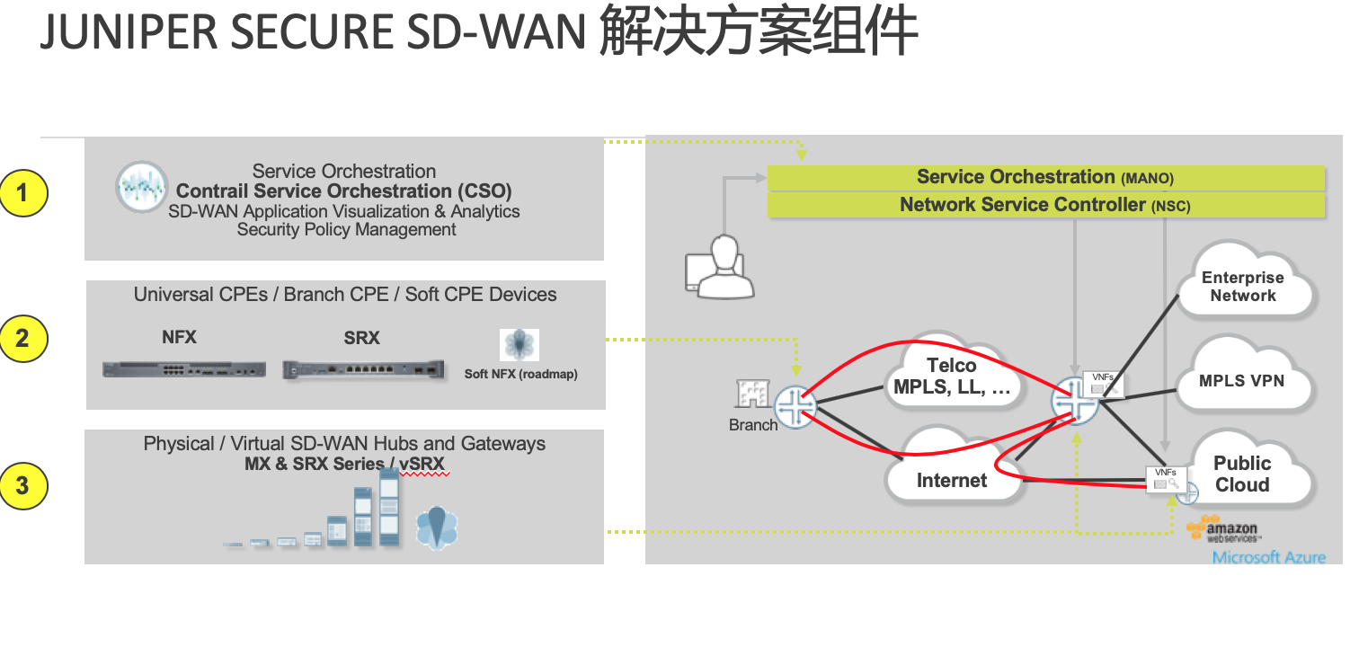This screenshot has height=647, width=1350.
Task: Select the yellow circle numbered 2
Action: point(22,339)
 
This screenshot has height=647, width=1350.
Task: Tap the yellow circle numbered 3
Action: point(22,486)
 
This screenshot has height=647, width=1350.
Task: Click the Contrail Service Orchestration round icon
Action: point(142,187)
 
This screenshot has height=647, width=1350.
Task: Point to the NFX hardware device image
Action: point(184,368)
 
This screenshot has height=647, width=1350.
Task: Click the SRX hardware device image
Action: point(364,369)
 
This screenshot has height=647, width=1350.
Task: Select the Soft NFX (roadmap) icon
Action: point(520,346)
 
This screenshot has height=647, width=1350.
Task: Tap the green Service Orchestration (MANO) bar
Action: point(1045,178)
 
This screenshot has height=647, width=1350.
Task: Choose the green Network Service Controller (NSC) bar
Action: point(1045,206)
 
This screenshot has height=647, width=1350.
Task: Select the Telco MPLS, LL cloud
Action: point(951,377)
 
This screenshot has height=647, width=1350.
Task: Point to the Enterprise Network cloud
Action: point(1243,287)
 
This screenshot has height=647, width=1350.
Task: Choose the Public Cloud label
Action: point(1242,474)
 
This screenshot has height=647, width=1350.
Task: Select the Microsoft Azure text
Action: point(1268,557)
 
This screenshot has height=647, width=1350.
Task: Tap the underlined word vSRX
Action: point(422,465)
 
